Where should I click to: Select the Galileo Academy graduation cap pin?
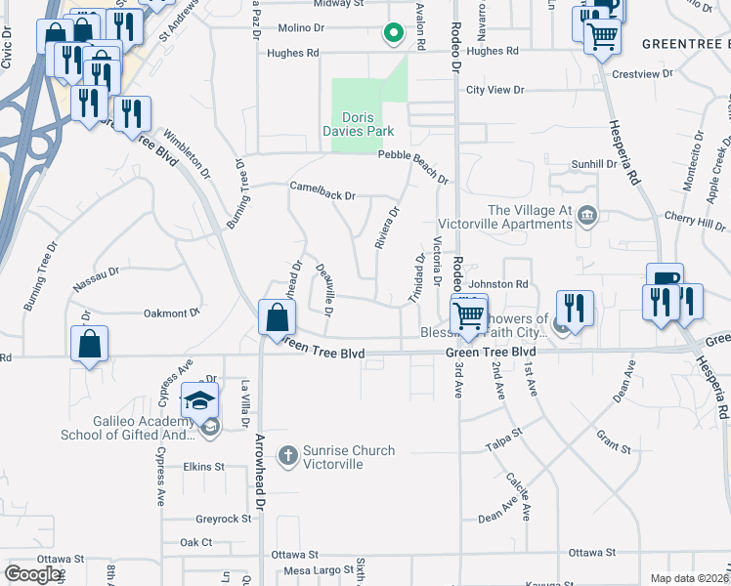199,400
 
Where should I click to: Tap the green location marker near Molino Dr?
394,34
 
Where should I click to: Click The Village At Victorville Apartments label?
529,217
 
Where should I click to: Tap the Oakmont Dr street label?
171,313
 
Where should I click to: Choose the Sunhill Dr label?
594,164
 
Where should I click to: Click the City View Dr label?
495,90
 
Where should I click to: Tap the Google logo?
33,574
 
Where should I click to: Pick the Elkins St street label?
203,467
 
